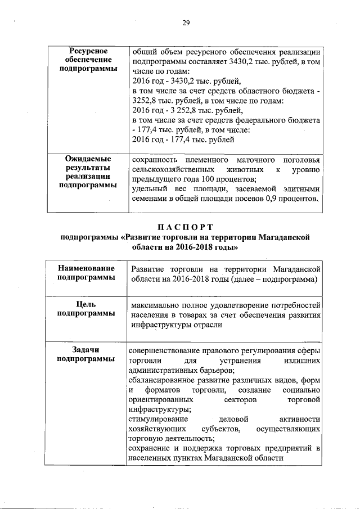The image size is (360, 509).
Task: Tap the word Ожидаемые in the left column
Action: (x=89, y=159)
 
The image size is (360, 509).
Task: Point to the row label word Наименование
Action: (x=89, y=269)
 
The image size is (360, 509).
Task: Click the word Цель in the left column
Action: (x=89, y=305)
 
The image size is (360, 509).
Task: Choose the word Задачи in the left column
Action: (x=89, y=350)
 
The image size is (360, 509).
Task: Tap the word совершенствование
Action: (x=166, y=350)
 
